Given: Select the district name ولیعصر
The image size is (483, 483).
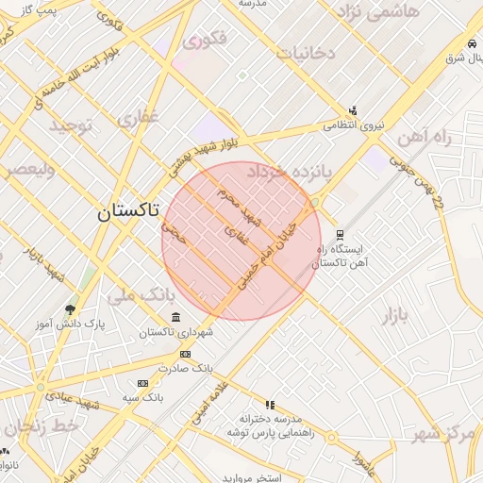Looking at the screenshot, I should click(x=27, y=171).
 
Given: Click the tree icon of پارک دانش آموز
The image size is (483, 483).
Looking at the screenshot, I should click(x=70, y=309).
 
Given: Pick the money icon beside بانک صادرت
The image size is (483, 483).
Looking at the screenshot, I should click(x=185, y=354).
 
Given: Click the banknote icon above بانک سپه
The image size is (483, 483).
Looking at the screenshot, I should click(x=142, y=383).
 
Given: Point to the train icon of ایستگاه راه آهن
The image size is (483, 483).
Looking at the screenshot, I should click(x=340, y=235).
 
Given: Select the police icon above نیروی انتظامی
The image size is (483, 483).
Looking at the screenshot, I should click(x=353, y=110).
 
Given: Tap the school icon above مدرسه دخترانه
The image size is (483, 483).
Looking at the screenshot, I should click(x=271, y=404).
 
